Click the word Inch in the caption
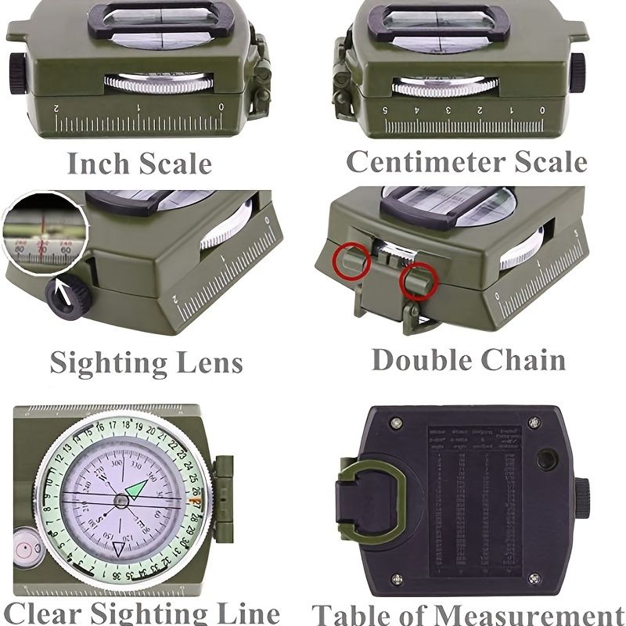click(x=98, y=164)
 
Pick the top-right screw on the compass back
click(x=534, y=423)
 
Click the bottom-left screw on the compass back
click(x=397, y=579)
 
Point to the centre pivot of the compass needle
click(x=121, y=499)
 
